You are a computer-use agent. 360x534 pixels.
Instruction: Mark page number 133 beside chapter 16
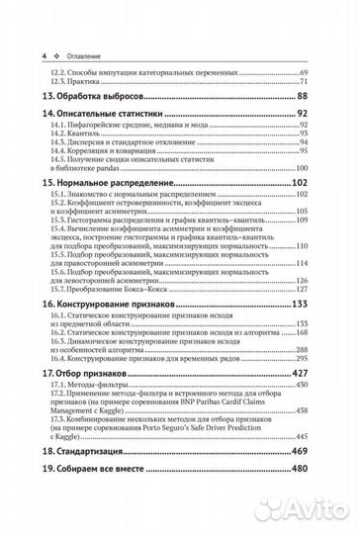298,307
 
